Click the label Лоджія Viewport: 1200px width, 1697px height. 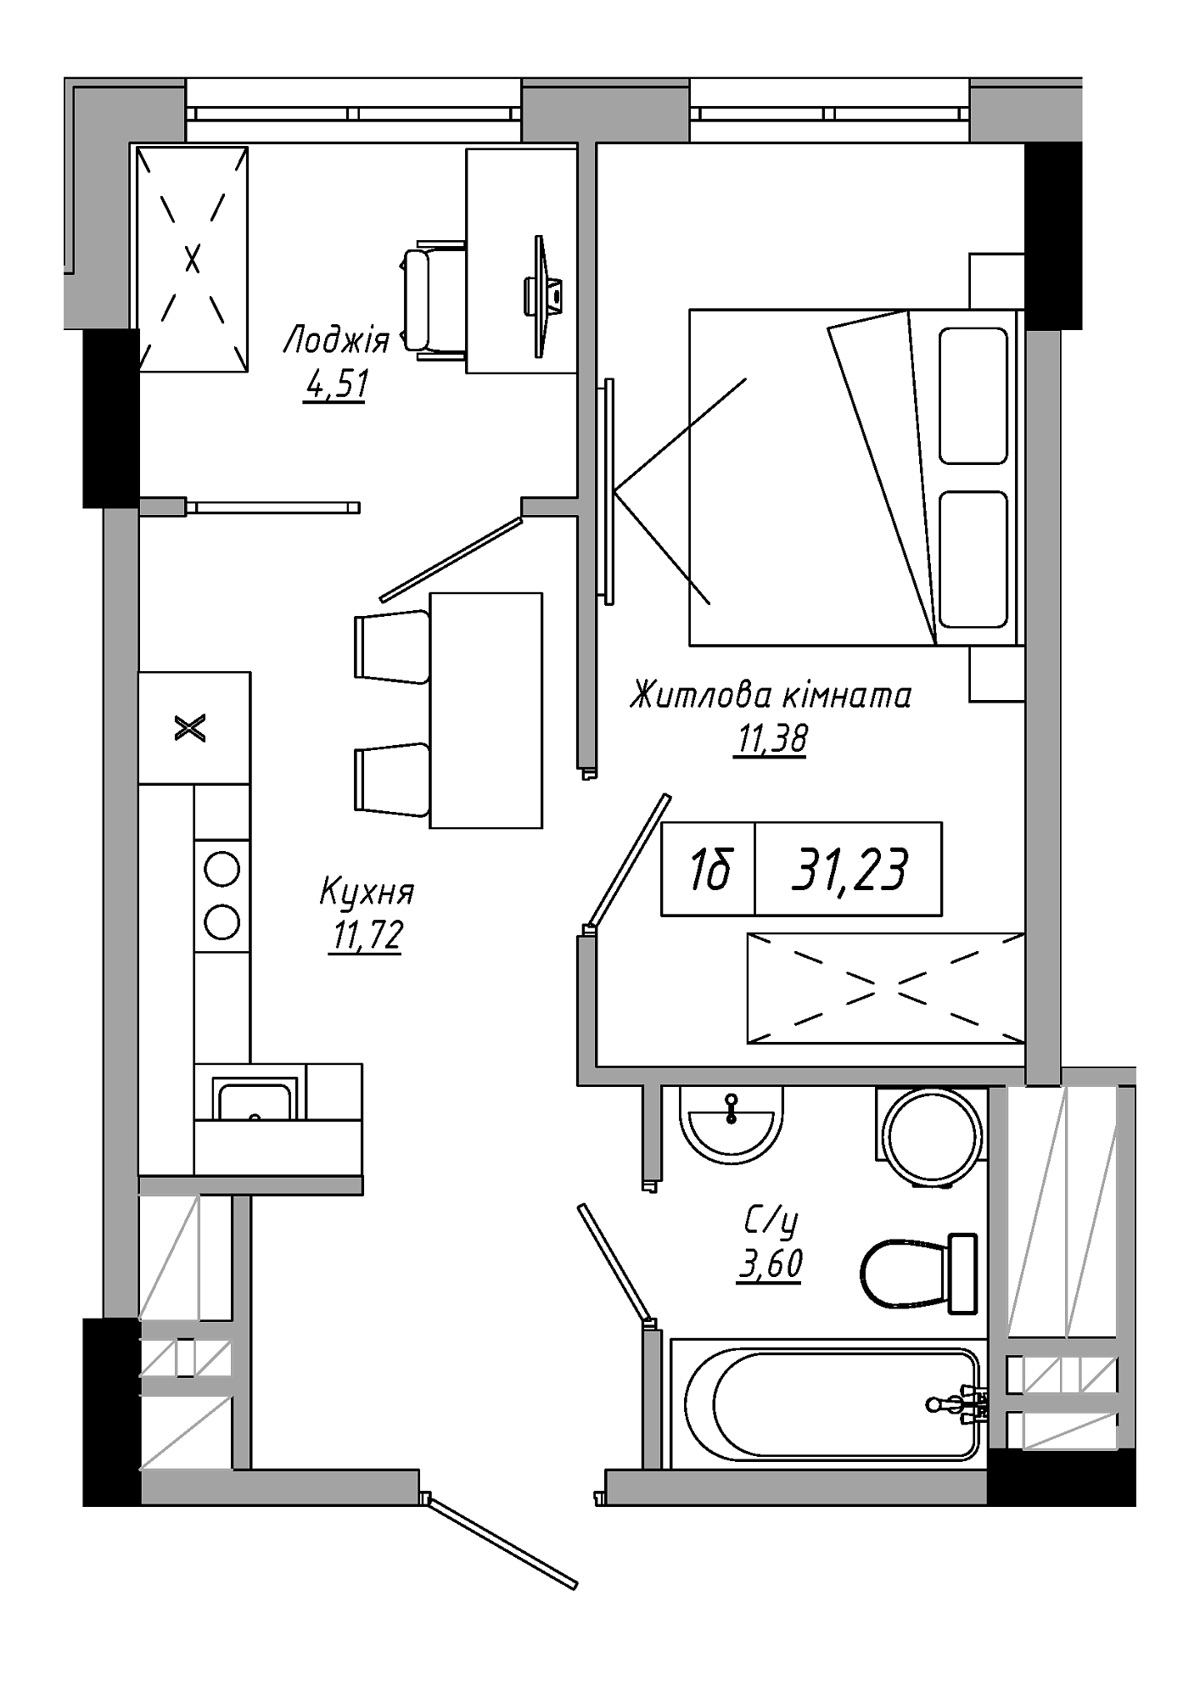[336, 341]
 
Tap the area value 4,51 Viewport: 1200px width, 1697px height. [335, 386]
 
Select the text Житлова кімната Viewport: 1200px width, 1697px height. [771, 696]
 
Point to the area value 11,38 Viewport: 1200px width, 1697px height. [771, 740]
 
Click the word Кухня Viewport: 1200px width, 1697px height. [367, 893]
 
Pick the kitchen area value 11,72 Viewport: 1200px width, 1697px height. [366, 936]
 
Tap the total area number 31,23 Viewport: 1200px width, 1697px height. [849, 870]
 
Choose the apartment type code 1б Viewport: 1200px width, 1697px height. [709, 870]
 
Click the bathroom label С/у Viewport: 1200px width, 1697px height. [771, 1222]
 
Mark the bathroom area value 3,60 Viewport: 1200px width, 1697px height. [771, 1264]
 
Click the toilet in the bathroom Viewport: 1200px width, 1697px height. [918, 1274]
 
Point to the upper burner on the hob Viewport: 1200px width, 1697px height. [222, 869]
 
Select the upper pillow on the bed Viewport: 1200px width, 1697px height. [973, 395]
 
